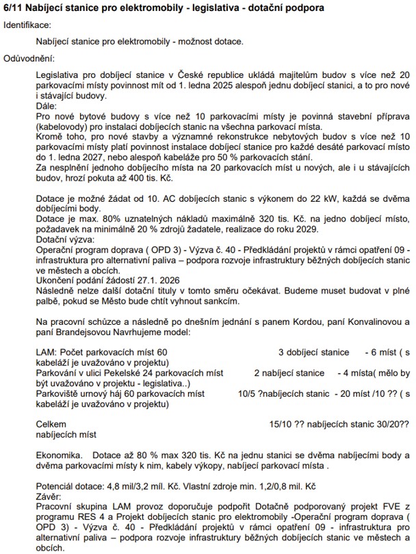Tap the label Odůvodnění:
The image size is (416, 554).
29,59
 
